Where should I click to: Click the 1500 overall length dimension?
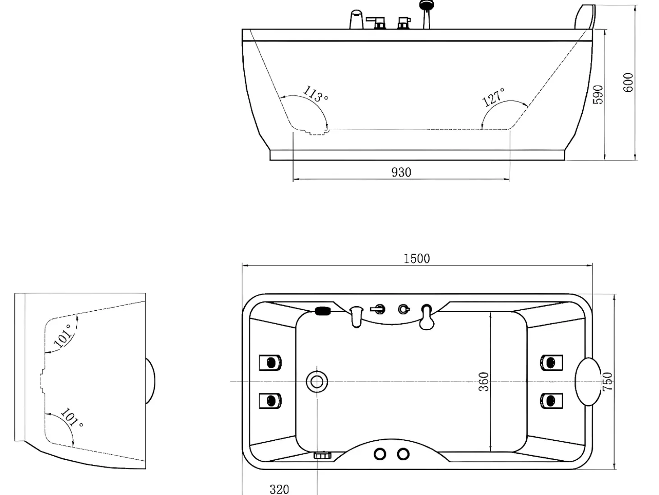pyautogui.click(x=417, y=259)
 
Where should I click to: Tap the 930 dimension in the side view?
pyautogui.click(x=401, y=173)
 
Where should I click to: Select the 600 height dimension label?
pyautogui.click(x=628, y=82)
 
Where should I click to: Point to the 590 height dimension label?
pyautogui.click(x=598, y=94)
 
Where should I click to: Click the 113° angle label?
pyautogui.click(x=315, y=93)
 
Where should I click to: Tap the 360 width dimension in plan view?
pyautogui.click(x=483, y=382)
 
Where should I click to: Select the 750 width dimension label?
pyautogui.click(x=608, y=382)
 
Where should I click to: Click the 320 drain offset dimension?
pyautogui.click(x=279, y=489)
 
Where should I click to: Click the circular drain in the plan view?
pyautogui.click(x=317, y=382)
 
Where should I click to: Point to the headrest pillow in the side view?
pyautogui.click(x=585, y=17)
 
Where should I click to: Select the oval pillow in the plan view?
pyautogui.click(x=588, y=382)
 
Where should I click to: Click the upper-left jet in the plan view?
pyautogui.click(x=270, y=363)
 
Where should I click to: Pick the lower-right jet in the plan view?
pyautogui.click(x=551, y=401)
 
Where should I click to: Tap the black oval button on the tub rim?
pyautogui.click(x=323, y=311)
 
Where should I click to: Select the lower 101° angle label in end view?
pyautogui.click(x=72, y=417)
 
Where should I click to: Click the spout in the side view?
pyautogui.click(x=357, y=19)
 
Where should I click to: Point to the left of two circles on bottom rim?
pyautogui.click(x=380, y=454)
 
